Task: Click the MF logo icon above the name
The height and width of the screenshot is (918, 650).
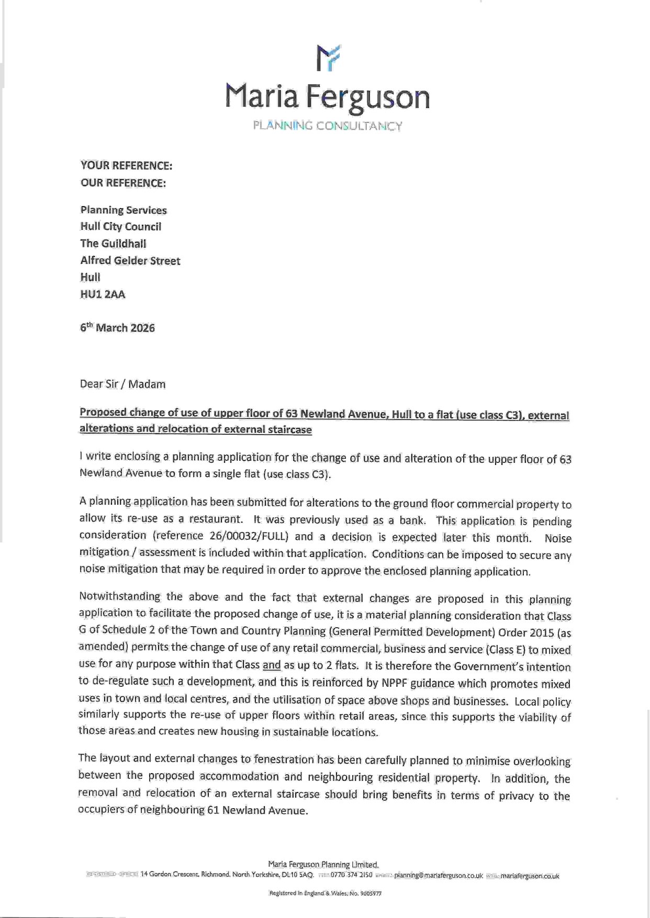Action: pyautogui.click(x=329, y=57)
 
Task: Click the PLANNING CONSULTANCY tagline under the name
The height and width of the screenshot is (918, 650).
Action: pyautogui.click(x=328, y=126)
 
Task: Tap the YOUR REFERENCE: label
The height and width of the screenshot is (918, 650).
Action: pyautogui.click(x=126, y=166)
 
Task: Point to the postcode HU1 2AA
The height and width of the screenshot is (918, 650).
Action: pyautogui.click(x=103, y=294)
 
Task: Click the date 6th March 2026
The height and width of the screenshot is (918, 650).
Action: pyautogui.click(x=117, y=328)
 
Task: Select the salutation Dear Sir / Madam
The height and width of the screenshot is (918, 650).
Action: pyautogui.click(x=122, y=384)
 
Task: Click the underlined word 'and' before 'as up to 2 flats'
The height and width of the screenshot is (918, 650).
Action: pyautogui.click(x=272, y=665)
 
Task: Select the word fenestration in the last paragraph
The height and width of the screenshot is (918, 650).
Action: pyautogui.click(x=284, y=759)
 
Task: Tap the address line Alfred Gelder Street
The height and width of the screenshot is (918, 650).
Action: pyautogui.click(x=130, y=260)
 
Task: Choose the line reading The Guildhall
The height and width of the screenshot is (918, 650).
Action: pyautogui.click(x=113, y=243)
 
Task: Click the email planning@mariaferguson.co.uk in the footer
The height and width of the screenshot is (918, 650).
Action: pyautogui.click(x=438, y=875)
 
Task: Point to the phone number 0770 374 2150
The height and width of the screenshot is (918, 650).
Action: pyautogui.click(x=351, y=874)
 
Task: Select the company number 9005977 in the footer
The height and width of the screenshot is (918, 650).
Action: pyautogui.click(x=371, y=893)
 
